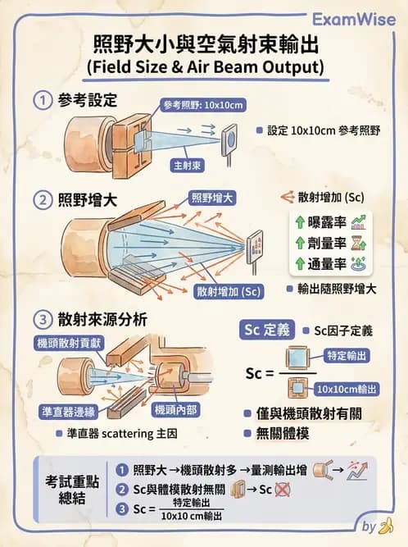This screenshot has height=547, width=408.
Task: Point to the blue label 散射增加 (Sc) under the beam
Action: click(229, 291)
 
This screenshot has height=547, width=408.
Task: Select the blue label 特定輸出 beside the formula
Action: click(347, 357)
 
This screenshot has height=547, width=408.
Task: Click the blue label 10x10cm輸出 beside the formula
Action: click(347, 389)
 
